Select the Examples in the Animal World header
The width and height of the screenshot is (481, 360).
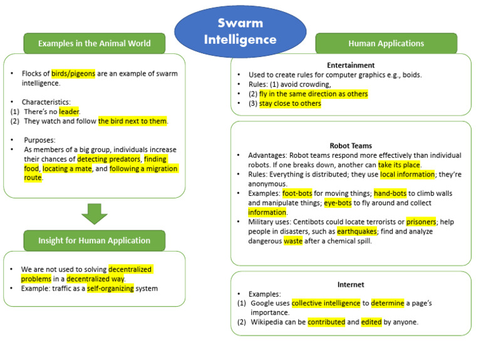[x=95, y=43]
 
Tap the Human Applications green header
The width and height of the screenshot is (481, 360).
[x=386, y=43]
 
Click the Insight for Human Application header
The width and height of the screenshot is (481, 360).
[x=95, y=240]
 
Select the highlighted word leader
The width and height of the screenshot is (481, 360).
[x=69, y=111]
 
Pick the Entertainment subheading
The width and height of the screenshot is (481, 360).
[x=351, y=65]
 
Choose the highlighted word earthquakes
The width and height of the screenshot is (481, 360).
[x=358, y=231]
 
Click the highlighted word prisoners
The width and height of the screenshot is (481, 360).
[x=421, y=222]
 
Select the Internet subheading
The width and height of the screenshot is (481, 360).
[x=351, y=284]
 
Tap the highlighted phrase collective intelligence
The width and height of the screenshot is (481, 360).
[x=326, y=303]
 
